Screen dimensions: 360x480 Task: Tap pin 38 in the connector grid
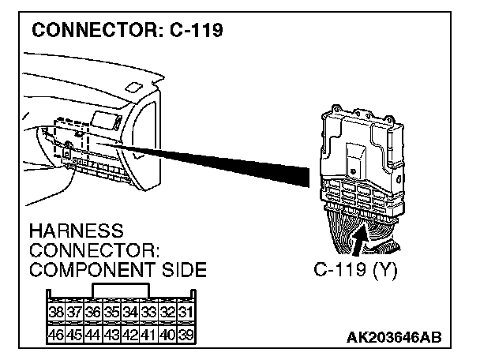(56, 312)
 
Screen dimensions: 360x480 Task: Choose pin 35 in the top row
(111, 312)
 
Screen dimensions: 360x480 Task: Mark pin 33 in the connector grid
(148, 312)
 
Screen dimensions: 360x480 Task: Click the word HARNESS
(76, 231)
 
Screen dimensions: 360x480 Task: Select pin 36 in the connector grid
(93, 312)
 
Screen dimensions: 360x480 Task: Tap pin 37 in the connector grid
(74, 312)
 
